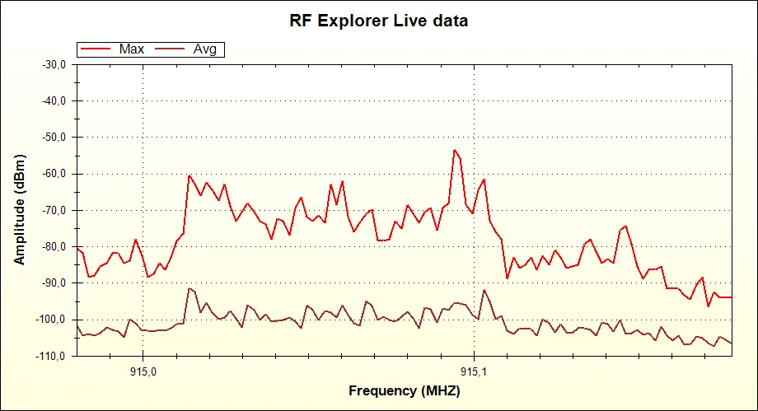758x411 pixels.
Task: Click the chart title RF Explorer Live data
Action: click(x=378, y=21)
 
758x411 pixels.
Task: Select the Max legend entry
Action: click(x=131, y=49)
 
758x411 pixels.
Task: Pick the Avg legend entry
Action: click(x=204, y=49)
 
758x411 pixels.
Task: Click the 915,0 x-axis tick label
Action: click(x=143, y=369)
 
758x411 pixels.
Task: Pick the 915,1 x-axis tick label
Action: click(x=474, y=369)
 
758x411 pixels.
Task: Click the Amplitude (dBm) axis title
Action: click(x=20, y=210)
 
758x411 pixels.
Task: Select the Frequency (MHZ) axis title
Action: click(x=404, y=390)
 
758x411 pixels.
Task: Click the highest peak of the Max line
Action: click(x=454, y=150)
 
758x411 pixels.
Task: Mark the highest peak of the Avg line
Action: click(x=189, y=288)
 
